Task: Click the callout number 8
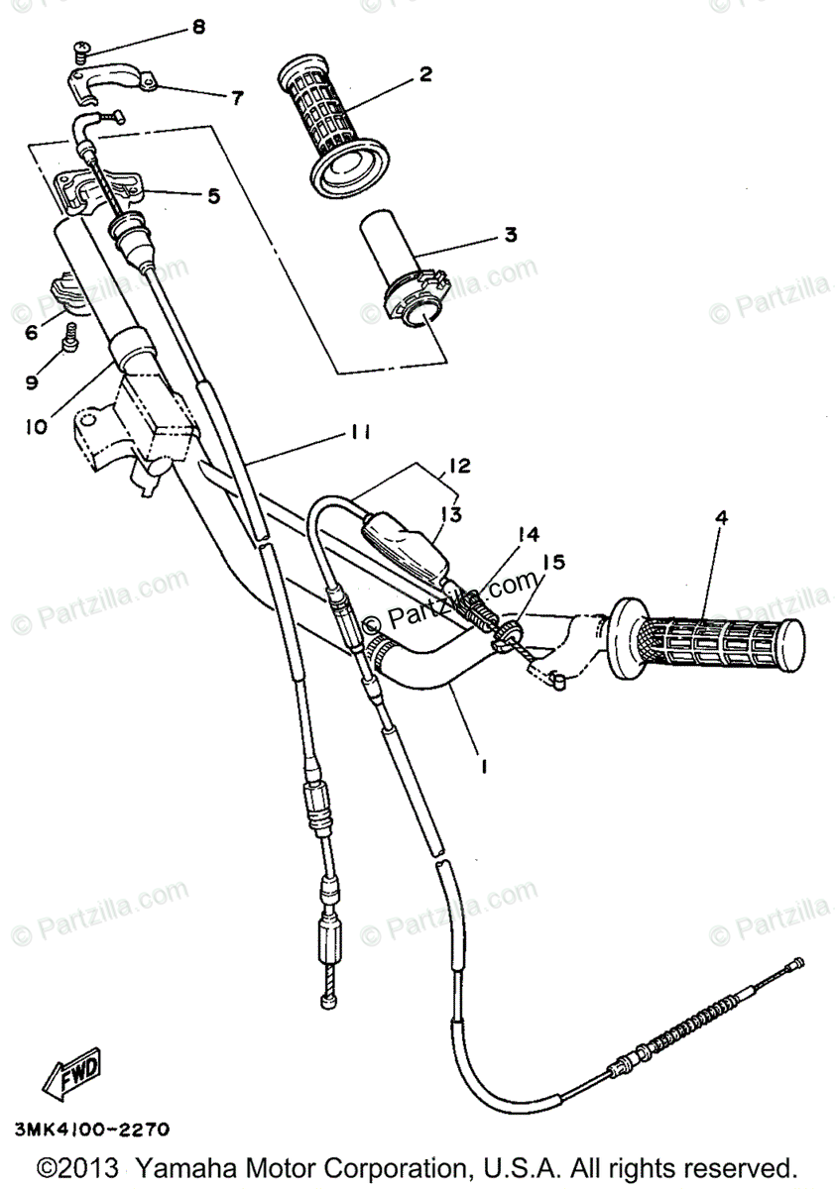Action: (198, 27)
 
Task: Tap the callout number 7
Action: (237, 97)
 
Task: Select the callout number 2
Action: (425, 73)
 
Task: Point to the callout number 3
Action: (510, 235)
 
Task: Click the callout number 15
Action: (552, 562)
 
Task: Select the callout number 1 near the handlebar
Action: (484, 767)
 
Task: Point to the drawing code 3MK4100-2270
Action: (92, 1129)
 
